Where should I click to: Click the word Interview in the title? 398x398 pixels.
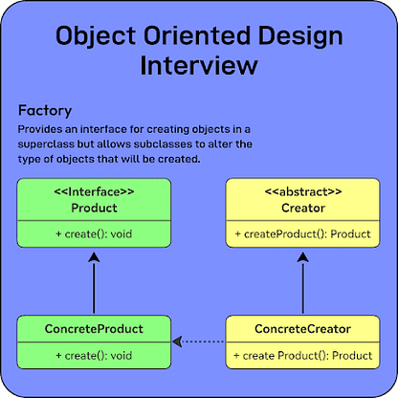(x=199, y=65)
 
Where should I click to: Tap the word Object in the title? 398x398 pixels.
(x=96, y=35)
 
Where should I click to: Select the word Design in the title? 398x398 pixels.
(x=300, y=35)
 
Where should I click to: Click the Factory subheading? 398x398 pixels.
(x=45, y=111)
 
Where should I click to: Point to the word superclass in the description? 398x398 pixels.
(x=46, y=144)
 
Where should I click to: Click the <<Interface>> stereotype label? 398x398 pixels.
(x=94, y=192)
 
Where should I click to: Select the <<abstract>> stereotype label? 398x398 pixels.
(x=303, y=192)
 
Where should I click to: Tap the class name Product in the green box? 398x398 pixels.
(x=94, y=208)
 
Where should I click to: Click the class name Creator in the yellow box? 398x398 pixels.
(x=303, y=208)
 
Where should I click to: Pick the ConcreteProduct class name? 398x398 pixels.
(x=94, y=329)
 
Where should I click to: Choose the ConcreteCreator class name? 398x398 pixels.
(x=302, y=329)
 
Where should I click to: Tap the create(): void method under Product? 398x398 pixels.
(x=94, y=234)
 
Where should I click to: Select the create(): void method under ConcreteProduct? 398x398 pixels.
(x=94, y=356)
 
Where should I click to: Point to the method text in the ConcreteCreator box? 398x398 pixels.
(x=302, y=356)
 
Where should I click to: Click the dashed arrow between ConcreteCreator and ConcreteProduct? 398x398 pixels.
(x=198, y=342)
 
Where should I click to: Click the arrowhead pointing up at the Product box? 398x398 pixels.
(x=94, y=257)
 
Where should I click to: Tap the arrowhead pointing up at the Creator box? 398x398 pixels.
(x=302, y=257)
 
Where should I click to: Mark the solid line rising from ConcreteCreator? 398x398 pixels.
(x=302, y=288)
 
